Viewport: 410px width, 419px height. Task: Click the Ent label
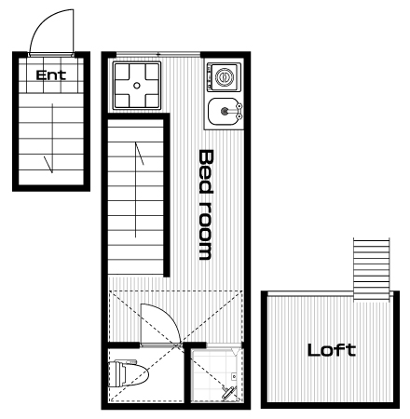pyautogui.click(x=51, y=75)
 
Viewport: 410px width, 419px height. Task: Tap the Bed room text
pyautogui.click(x=206, y=205)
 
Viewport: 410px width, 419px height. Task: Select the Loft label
pyautogui.click(x=332, y=350)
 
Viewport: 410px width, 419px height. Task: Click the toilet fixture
pyautogui.click(x=128, y=373)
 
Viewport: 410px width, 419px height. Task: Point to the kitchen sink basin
pyautogui.click(x=223, y=111)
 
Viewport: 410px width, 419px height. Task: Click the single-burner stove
pyautogui.click(x=225, y=77)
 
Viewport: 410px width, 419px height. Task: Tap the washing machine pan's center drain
pyautogui.click(x=137, y=86)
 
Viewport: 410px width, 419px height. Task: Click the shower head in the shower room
pyautogui.click(x=228, y=393)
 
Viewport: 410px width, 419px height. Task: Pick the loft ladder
pyautogui.click(x=372, y=269)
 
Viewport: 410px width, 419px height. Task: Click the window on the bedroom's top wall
pyautogui.click(x=158, y=55)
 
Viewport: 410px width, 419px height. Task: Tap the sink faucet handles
pyautogui.click(x=239, y=111)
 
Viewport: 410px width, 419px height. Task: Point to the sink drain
pyautogui.click(x=225, y=111)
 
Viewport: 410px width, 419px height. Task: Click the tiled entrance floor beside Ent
pyautogui.click(x=51, y=75)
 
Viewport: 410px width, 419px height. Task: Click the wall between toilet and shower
pyautogui.click(x=187, y=374)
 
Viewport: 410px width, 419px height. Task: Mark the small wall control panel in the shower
pyautogui.click(x=234, y=377)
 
